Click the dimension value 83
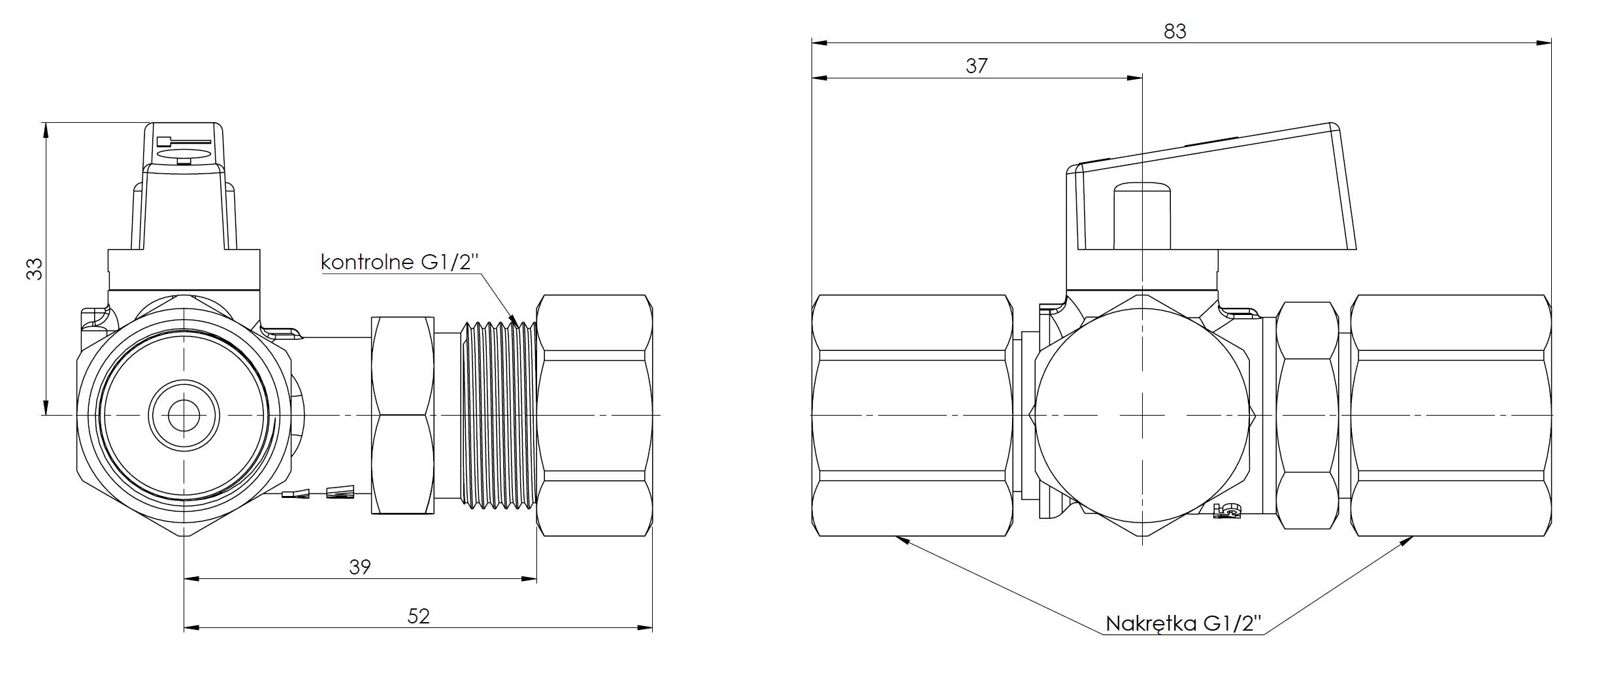(x=1174, y=31)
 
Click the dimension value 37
(x=976, y=65)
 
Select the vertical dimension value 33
(x=34, y=269)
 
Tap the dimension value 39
(x=359, y=567)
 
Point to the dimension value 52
(x=418, y=616)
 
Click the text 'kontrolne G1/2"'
(x=399, y=262)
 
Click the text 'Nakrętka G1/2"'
(x=1183, y=623)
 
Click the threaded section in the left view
(x=499, y=414)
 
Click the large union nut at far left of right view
(x=912, y=416)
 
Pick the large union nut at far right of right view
(x=1451, y=416)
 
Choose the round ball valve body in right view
(x=1142, y=416)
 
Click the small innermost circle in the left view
(x=184, y=415)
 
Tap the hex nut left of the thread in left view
(x=402, y=415)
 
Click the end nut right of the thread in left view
(x=595, y=416)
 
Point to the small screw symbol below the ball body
(x=1226, y=512)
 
